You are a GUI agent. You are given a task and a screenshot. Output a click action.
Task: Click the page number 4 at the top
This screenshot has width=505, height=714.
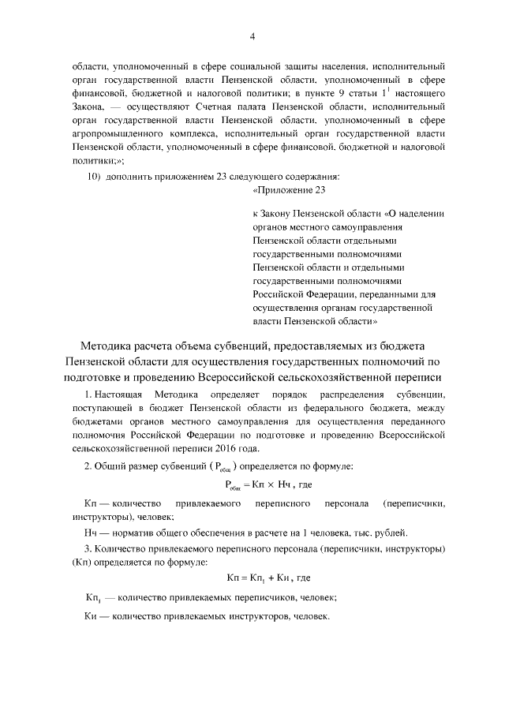tap(252, 36)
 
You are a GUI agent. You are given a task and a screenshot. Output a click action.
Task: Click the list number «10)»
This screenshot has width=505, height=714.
tap(94, 177)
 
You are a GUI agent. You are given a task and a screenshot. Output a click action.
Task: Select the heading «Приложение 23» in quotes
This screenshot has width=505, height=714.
tap(289, 191)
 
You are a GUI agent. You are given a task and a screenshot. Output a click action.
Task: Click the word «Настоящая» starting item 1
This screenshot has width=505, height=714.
tap(121, 393)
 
